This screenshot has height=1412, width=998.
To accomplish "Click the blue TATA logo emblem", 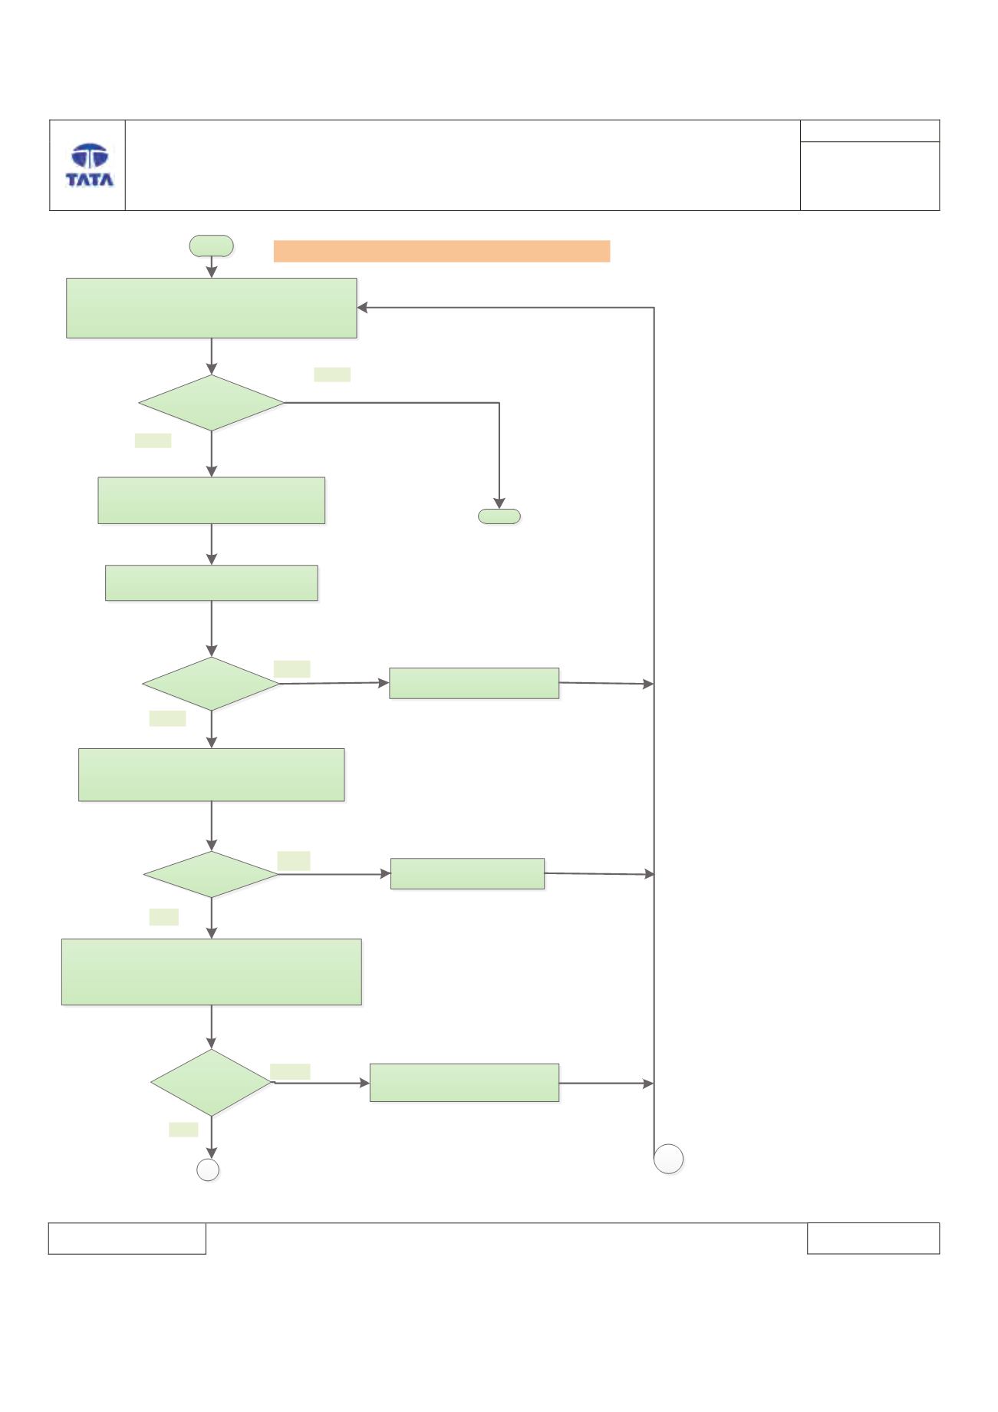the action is pos(90,157).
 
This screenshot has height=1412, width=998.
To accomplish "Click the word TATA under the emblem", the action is pos(90,180).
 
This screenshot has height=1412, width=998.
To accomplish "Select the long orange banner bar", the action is pos(441,251).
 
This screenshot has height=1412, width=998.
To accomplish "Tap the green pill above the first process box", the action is pos(211,246).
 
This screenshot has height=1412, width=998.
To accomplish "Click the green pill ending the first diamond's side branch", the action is pos(499,516).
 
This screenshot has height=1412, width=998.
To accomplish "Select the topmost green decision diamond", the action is pos(211,403).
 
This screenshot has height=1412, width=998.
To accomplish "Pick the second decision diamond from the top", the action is pos(211,684).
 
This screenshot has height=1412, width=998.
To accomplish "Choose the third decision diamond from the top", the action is pos(211,874).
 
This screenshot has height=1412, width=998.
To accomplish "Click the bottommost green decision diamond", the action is pos(211,1083).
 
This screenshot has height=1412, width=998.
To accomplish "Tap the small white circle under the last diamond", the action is pos(208,1170).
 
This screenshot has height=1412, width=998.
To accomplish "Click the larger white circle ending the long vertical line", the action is pos(669,1159).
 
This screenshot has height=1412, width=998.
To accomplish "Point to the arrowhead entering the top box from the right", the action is pos(362,308).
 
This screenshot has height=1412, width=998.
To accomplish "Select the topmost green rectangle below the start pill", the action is pos(212,308).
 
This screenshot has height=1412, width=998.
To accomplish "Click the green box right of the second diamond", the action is pos(474,683).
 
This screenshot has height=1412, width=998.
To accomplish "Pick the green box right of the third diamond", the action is pos(467,873).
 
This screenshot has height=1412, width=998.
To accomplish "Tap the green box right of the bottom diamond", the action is pos(464,1083).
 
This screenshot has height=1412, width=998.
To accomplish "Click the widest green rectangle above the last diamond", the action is pos(211,972).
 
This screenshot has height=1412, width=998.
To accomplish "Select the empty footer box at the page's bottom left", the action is pos(127,1238).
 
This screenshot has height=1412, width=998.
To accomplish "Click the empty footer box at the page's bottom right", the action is pos(873,1238).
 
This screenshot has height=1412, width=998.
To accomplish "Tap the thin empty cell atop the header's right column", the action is pos(870,130).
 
